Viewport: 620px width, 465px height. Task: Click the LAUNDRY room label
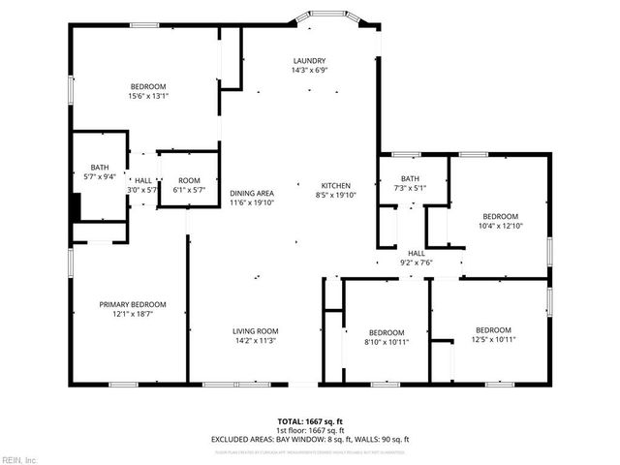310,60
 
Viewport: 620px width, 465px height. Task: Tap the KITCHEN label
336,185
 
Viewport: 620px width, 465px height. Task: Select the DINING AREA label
252,193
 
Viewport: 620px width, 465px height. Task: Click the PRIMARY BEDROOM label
127,304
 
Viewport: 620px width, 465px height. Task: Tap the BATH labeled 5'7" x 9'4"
100,167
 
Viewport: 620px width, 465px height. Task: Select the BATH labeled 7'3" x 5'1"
411,178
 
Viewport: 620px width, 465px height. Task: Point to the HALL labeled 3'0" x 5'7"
142,180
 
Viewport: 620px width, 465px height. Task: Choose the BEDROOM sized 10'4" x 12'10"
501,216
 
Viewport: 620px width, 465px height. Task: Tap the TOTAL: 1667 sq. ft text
310,421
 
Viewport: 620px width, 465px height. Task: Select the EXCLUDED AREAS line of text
310,439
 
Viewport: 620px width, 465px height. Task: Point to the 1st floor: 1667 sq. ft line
310,430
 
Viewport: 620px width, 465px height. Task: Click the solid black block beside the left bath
75,207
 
